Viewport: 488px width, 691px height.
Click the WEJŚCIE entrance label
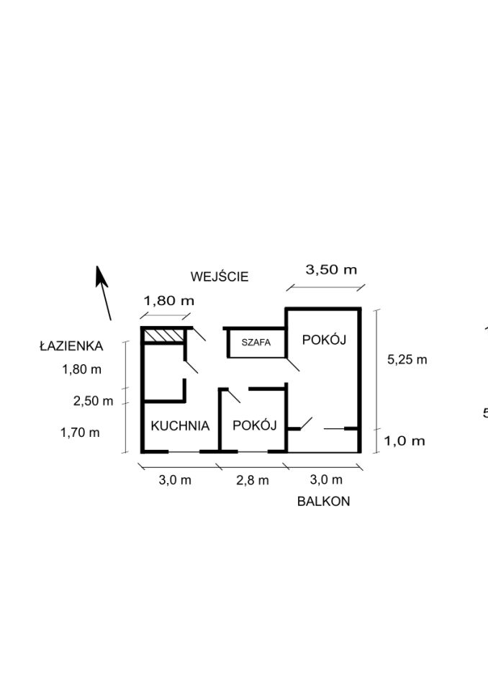220,276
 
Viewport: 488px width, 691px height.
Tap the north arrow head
101,276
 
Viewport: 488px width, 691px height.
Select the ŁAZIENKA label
71,346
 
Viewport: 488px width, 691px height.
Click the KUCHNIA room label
180,425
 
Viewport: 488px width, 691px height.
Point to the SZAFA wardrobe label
256,343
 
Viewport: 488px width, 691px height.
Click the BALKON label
324,502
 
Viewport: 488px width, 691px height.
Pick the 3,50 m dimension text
331,270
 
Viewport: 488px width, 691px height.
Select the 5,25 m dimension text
407,360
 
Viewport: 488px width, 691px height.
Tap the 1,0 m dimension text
405,441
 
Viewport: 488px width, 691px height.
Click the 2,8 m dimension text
253,480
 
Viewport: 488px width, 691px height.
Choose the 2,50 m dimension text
93,401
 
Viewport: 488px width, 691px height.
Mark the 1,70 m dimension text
80,433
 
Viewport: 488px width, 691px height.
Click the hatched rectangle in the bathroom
164,335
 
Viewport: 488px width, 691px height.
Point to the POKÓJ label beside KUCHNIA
254,425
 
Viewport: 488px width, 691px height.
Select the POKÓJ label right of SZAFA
324,340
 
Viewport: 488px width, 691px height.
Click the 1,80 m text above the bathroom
169,301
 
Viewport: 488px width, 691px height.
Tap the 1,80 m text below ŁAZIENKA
81,369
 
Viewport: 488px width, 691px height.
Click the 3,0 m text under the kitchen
175,480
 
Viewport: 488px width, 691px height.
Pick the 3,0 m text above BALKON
326,479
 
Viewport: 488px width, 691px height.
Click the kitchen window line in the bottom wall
184,452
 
